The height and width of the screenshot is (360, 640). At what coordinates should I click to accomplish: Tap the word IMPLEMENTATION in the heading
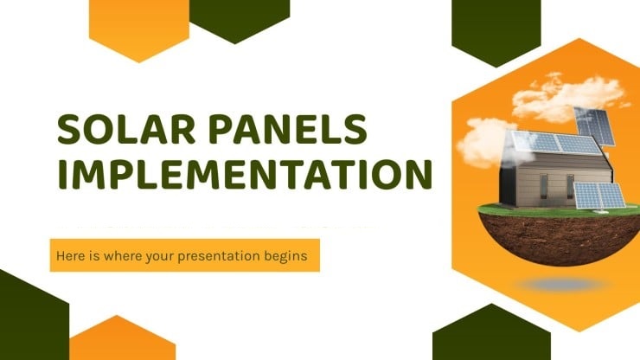pyautogui.click(x=244, y=176)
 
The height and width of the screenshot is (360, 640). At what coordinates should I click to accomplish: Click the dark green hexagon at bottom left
pyautogui.click(x=30, y=316)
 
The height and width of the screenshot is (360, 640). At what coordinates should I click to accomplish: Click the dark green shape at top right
pyautogui.click(x=496, y=26)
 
